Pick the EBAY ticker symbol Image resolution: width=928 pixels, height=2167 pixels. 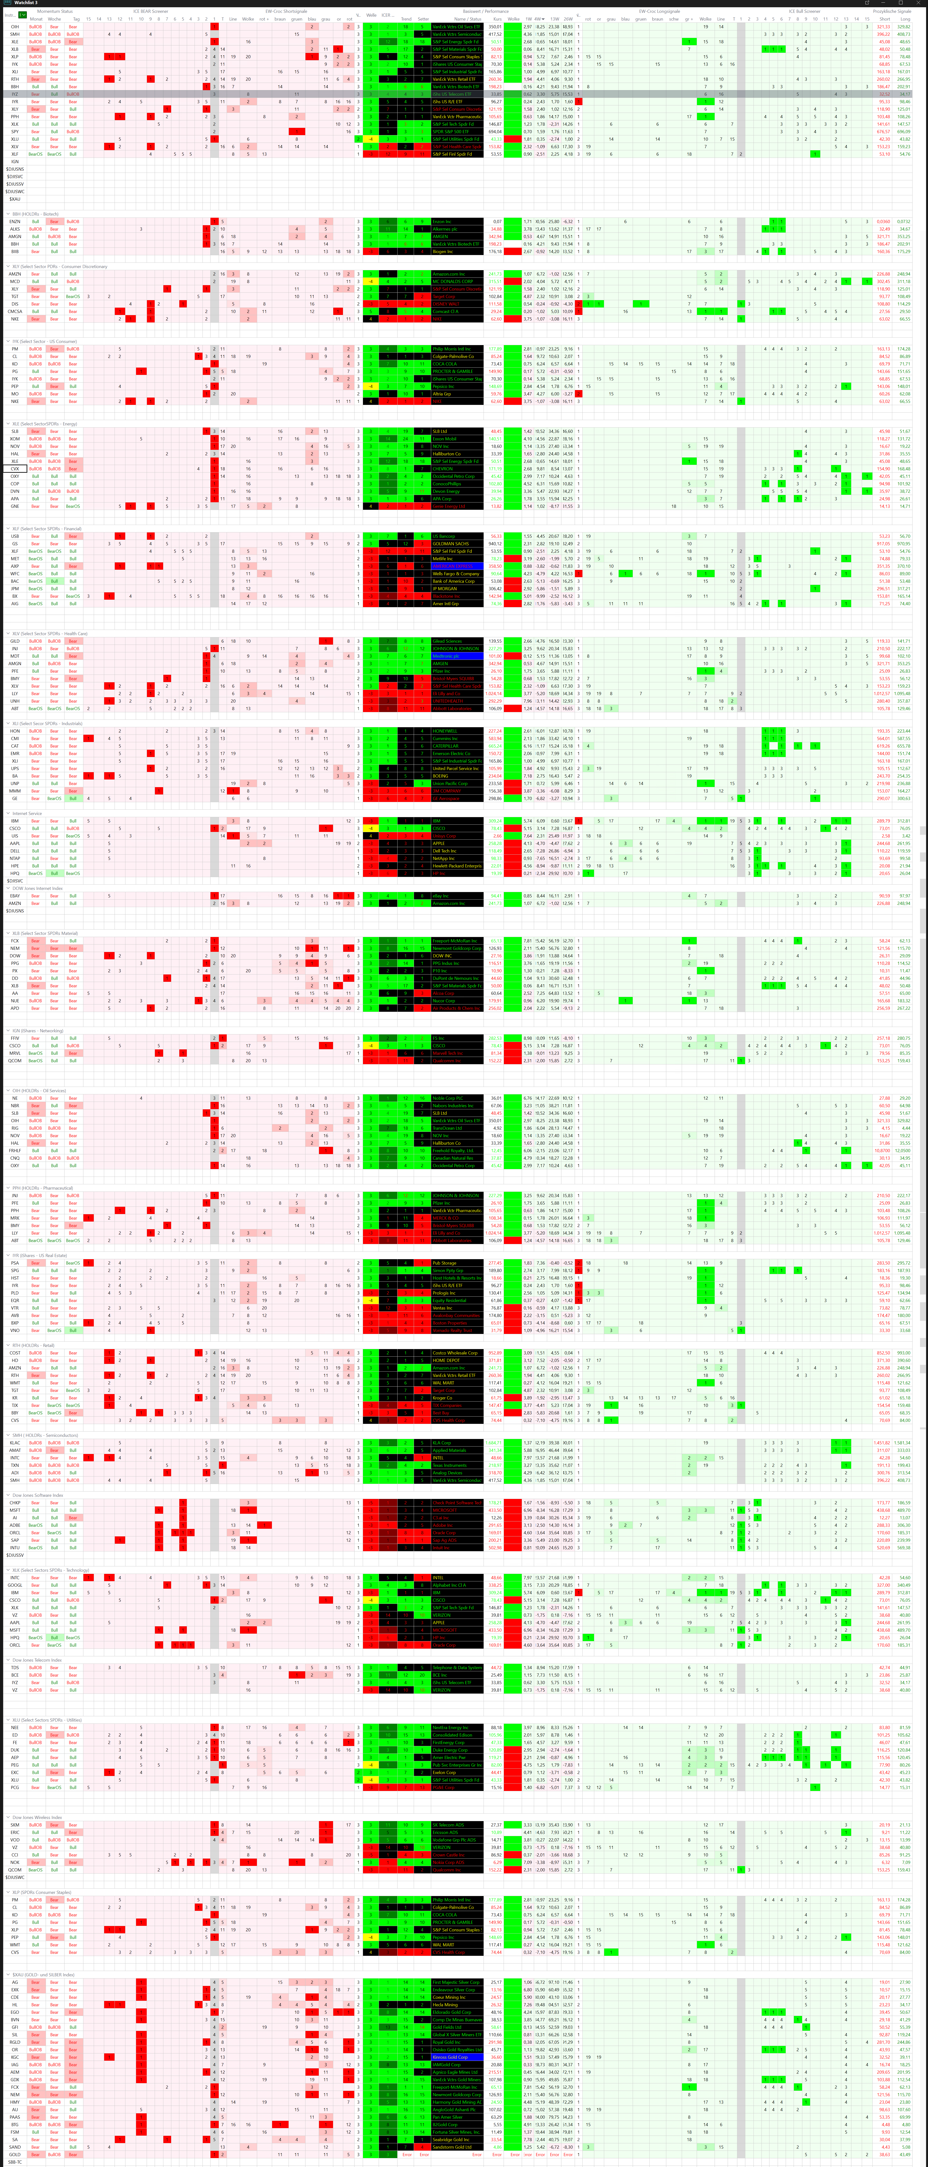point(14,896)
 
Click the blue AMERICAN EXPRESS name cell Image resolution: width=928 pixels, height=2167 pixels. point(457,566)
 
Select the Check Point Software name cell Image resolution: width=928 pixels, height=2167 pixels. point(457,1502)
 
